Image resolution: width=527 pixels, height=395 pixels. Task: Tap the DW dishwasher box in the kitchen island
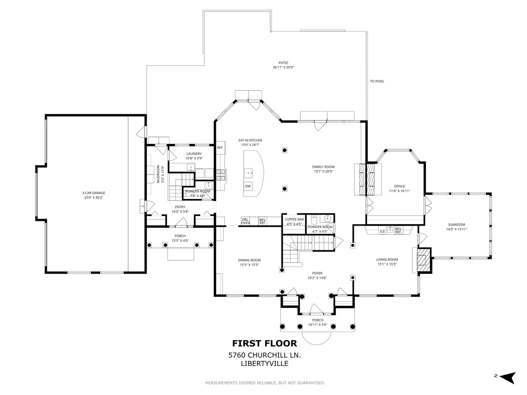pyautogui.click(x=248, y=186)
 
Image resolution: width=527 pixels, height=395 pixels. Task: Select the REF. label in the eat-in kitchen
pyautogui.click(x=220, y=148)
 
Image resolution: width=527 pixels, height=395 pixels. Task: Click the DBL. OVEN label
pyautogui.click(x=245, y=221)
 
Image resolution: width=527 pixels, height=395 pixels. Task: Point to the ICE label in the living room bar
pyautogui.click(x=382, y=232)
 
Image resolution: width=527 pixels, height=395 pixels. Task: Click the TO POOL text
pyautogui.click(x=377, y=81)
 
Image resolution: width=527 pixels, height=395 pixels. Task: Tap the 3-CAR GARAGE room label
pyautogui.click(x=94, y=193)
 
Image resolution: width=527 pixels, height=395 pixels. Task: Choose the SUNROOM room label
pyautogui.click(x=456, y=225)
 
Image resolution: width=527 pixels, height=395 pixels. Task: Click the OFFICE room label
pyautogui.click(x=400, y=187)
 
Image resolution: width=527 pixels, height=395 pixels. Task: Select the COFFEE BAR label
pyautogui.click(x=294, y=219)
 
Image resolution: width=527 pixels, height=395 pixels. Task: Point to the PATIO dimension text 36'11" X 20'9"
pyautogui.click(x=283, y=67)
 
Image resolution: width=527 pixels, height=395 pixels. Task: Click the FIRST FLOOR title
pyautogui.click(x=265, y=343)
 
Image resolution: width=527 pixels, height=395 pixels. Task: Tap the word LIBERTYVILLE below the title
pyautogui.click(x=265, y=364)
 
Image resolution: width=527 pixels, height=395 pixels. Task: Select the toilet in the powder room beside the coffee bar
pyautogui.click(x=314, y=219)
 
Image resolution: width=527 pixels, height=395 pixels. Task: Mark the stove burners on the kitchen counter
pyautogui.click(x=221, y=174)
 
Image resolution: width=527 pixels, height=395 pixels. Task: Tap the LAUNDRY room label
pyautogui.click(x=194, y=154)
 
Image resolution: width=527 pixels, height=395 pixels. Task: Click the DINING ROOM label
pyautogui.click(x=249, y=260)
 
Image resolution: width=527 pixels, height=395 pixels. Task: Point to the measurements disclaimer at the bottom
pyautogui.click(x=264, y=383)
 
